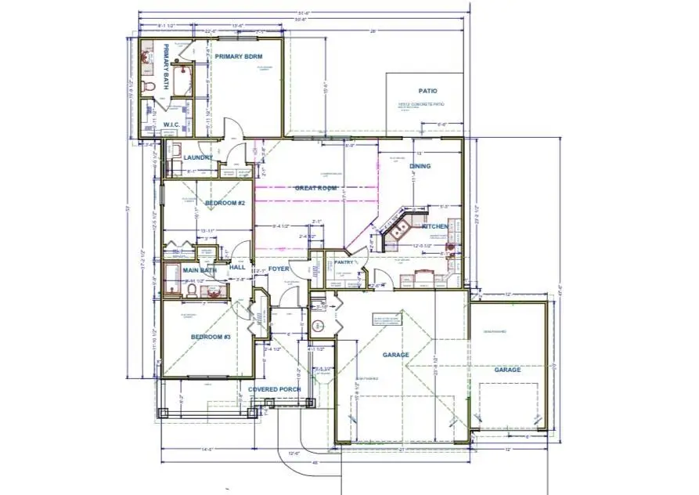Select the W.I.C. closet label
pyautogui.click(x=172, y=124)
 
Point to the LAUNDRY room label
pyautogui.click(x=199, y=157)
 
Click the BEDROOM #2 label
pyautogui.click(x=225, y=204)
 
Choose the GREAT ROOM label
pyautogui.click(x=315, y=188)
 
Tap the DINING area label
pyautogui.click(x=420, y=166)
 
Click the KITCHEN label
pyautogui.click(x=435, y=226)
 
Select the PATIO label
pyautogui.click(x=427, y=91)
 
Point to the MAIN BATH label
pyautogui.click(x=199, y=271)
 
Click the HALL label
pyautogui.click(x=237, y=267)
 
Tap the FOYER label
pyautogui.click(x=279, y=268)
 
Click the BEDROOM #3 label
pyautogui.click(x=211, y=338)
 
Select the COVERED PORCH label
pyautogui.click(x=274, y=389)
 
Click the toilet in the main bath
pyautogui.click(x=191, y=291)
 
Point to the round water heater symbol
pyautogui.click(x=319, y=326)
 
